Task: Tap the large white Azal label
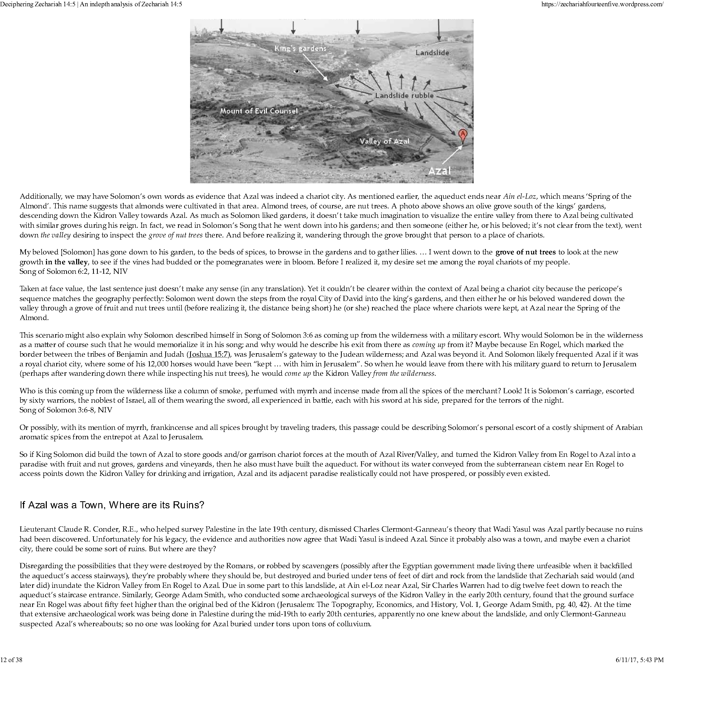click(439, 171)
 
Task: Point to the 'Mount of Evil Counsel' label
click(259, 111)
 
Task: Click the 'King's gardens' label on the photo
click(300, 49)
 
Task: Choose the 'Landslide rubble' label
click(404, 96)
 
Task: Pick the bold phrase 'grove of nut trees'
click(526, 252)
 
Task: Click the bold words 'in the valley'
click(66, 262)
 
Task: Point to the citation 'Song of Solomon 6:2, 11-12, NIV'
click(73, 271)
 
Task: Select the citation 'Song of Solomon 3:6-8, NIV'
click(66, 410)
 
